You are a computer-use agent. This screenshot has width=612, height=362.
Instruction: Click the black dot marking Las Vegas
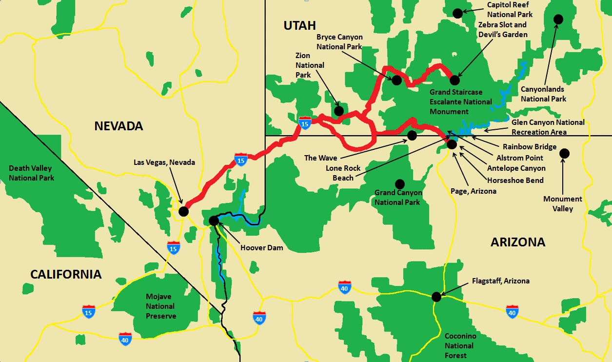tap(183, 211)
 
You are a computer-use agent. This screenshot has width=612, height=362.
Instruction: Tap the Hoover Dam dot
tap(214, 221)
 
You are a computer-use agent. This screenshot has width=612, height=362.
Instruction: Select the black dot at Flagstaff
tap(436, 296)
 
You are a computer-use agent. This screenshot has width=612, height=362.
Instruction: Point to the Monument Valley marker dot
tap(564, 153)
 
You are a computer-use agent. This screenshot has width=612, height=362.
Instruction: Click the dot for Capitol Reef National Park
tap(457, 13)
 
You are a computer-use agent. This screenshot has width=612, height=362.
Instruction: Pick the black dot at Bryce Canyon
tap(396, 80)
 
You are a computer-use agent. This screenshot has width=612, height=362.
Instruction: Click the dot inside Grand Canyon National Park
tap(400, 184)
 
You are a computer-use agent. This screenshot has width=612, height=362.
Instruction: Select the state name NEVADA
tap(118, 126)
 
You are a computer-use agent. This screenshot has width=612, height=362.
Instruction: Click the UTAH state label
tap(300, 26)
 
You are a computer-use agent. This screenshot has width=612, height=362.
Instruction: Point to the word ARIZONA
tap(517, 242)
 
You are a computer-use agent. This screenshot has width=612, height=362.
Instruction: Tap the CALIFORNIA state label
tap(66, 274)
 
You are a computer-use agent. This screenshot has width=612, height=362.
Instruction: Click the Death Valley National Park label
tap(31, 173)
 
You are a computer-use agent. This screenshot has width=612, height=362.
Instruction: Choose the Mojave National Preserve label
tap(160, 306)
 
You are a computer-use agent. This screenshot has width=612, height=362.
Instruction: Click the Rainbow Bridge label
tap(529, 147)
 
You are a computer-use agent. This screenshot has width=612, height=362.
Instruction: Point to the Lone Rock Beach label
tap(343, 173)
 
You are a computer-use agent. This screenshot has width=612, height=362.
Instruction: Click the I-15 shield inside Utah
tap(305, 122)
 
